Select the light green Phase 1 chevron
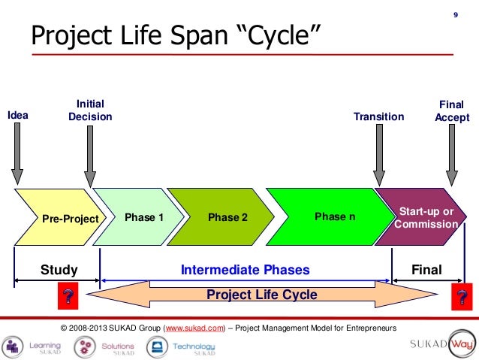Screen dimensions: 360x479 [x=143, y=218]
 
